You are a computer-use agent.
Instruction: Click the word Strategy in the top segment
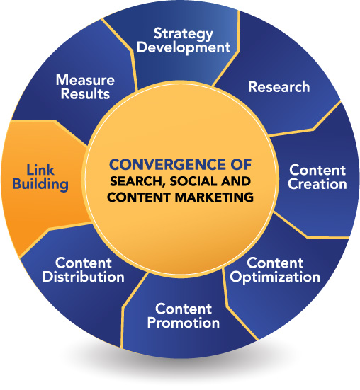184,34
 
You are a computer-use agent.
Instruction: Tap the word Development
184,47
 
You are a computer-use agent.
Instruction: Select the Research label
279,87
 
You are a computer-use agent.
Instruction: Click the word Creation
317,184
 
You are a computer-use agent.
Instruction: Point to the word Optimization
275,277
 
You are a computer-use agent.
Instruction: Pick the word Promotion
184,323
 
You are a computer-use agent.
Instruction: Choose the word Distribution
84,277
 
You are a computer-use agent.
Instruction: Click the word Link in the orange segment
40,170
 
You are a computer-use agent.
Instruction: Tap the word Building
40,184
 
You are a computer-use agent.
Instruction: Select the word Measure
85,80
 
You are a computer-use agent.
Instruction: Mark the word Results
85,93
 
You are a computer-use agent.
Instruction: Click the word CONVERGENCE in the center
166,165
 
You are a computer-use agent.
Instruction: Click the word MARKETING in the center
214,197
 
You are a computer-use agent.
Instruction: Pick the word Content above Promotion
184,309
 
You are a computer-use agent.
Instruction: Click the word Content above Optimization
275,263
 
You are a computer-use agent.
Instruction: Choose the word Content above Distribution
84,263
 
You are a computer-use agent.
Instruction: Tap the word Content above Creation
317,171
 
